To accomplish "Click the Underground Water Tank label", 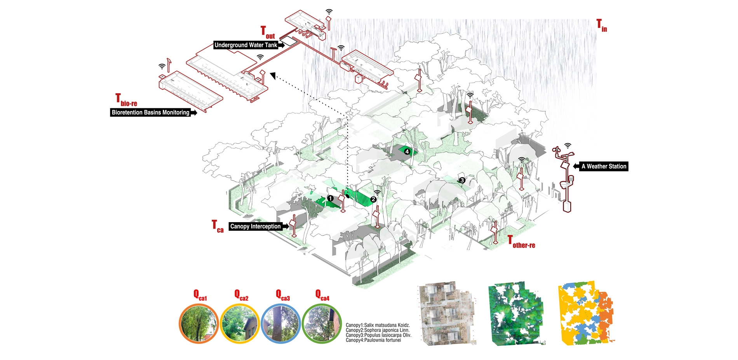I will (x=246, y=45).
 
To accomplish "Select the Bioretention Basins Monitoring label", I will (x=151, y=113).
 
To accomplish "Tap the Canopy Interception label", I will (x=255, y=226).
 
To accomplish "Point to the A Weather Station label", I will (x=604, y=167).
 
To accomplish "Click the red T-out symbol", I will (x=267, y=33).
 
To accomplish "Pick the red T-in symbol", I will (x=601, y=26).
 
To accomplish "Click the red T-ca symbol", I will (x=218, y=226).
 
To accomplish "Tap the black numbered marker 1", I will (x=330, y=198).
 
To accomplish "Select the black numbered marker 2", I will (x=373, y=199).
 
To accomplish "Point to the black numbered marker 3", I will (x=462, y=180).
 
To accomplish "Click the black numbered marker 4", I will (x=407, y=151).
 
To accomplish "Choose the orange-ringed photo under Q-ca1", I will (x=198, y=323).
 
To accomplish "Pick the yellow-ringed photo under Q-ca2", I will (x=239, y=323).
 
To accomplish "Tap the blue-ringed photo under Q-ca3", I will (x=280, y=323).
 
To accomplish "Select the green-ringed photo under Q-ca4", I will (x=321, y=323).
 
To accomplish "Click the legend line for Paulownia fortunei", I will (x=373, y=340).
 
